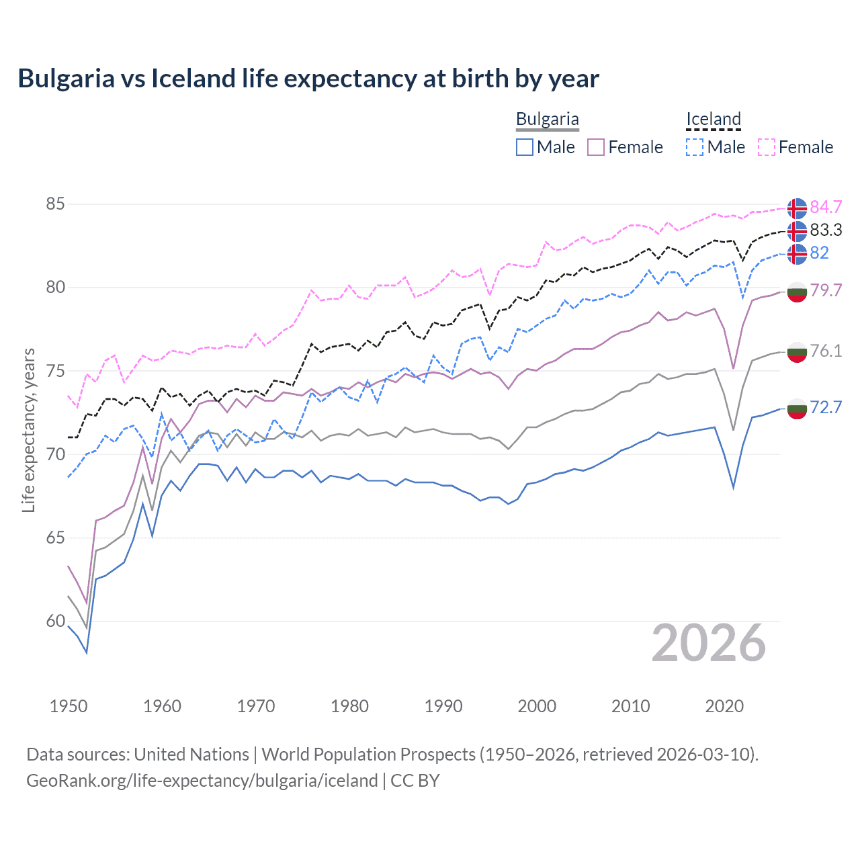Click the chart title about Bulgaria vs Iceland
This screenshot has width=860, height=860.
coord(308,79)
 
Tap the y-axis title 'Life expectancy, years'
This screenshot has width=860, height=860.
coord(28,430)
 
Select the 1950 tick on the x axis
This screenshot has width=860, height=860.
coord(69,706)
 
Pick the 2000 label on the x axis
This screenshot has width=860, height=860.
coord(537,706)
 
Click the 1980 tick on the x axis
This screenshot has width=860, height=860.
coord(349,706)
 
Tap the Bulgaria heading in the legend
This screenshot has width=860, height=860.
coord(547,119)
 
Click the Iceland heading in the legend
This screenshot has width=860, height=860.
coord(713,119)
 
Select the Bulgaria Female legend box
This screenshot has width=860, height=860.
coord(596,147)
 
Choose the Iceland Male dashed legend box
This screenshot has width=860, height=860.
coord(695,147)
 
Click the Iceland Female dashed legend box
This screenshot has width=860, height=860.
coord(767,147)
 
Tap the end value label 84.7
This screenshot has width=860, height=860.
coord(826,207)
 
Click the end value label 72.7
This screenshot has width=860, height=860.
coord(826,407)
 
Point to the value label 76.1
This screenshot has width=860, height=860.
coord(826,351)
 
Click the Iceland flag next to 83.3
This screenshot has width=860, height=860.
coord(797,230)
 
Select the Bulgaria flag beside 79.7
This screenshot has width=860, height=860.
coord(797,291)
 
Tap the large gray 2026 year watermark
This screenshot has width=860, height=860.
coord(709,644)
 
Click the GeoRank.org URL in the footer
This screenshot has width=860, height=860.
coord(202,781)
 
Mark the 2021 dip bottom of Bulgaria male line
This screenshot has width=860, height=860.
coord(733,488)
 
